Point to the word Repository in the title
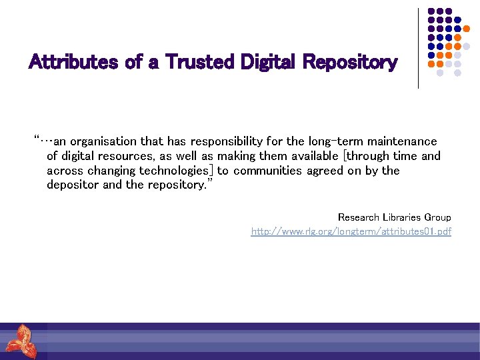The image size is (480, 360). pyautogui.click(x=350, y=63)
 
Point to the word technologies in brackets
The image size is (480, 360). pyautogui.click(x=173, y=171)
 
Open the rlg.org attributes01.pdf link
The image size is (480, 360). pyautogui.click(x=351, y=231)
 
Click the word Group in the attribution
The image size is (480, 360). pyautogui.click(x=438, y=217)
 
